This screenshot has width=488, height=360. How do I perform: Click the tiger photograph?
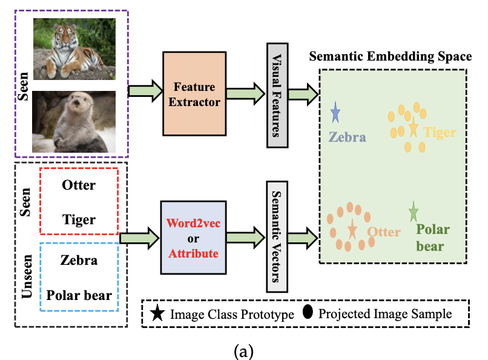(74, 48)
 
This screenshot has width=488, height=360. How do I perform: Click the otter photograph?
(74, 121)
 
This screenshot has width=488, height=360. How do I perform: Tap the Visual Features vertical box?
(277, 95)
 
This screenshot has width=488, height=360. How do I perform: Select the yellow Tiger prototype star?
(414, 128)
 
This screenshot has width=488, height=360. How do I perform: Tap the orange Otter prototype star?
(352, 229)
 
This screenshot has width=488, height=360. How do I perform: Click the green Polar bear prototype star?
(414, 212)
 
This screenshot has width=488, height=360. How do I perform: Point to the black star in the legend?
(157, 313)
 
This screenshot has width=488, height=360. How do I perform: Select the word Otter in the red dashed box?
(79, 185)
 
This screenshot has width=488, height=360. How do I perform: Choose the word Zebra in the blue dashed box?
(79, 261)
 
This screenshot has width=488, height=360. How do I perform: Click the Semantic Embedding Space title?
(391, 57)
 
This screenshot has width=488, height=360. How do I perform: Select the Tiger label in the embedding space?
(440, 132)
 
